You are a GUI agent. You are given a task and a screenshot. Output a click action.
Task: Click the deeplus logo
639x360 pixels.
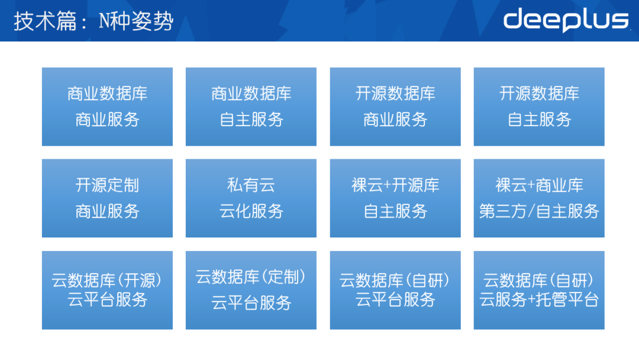(x=566, y=20)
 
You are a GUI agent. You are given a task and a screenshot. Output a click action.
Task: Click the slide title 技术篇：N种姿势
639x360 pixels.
(x=93, y=21)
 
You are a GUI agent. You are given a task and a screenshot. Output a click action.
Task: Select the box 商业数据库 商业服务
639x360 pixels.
(x=107, y=107)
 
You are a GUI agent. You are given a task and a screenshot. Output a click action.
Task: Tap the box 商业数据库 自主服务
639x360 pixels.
(x=251, y=107)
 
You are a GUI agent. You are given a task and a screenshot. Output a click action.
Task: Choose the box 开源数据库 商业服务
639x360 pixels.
(x=395, y=107)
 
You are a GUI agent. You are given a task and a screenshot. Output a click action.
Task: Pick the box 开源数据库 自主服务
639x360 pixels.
(x=539, y=107)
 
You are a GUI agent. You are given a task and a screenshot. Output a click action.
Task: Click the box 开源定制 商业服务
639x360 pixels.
(x=107, y=198)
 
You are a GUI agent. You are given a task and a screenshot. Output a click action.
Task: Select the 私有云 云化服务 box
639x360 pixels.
(x=251, y=198)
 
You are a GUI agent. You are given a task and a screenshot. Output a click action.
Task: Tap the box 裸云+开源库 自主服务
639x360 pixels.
(x=395, y=198)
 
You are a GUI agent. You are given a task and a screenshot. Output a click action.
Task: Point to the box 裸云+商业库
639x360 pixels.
(x=539, y=198)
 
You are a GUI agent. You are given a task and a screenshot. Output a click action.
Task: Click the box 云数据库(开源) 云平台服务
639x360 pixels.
(x=107, y=290)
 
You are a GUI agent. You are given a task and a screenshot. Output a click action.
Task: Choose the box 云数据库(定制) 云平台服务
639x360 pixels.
(x=251, y=290)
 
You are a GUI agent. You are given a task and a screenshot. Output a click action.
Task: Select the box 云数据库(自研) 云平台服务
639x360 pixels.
(x=395, y=290)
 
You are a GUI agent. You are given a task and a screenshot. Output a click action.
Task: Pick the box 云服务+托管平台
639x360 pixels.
(x=539, y=290)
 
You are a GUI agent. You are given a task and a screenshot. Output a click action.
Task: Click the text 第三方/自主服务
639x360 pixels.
(x=539, y=211)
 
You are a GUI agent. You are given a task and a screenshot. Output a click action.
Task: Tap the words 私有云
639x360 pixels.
(x=251, y=185)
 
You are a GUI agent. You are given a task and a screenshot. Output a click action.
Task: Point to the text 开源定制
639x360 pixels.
(x=107, y=185)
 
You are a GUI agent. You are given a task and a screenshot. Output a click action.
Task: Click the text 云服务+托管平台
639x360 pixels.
(x=539, y=300)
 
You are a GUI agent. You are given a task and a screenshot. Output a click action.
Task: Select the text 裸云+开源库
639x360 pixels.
(x=395, y=185)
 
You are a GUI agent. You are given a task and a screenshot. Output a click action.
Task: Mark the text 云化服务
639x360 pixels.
(x=251, y=211)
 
